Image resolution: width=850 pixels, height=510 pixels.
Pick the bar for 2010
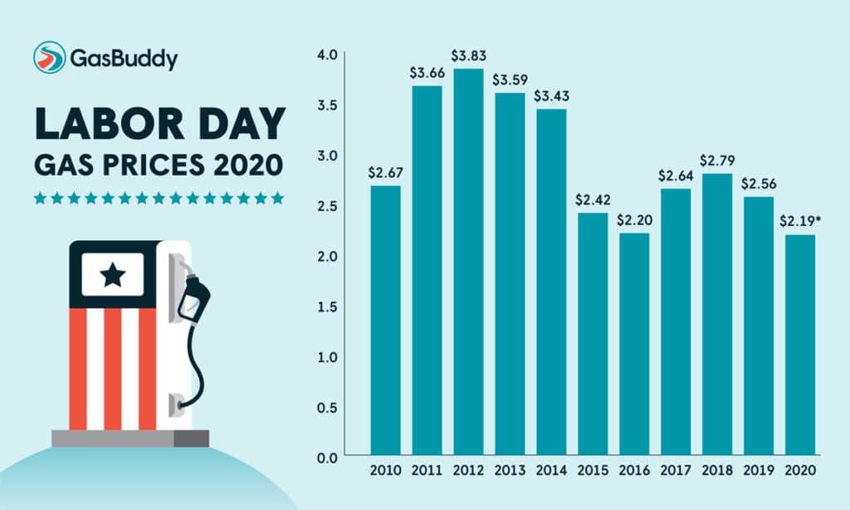[385, 320]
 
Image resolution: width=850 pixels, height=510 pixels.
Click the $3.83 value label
[468, 56]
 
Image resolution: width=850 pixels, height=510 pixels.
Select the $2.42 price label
[593, 200]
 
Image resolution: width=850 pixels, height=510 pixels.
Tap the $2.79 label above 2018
[717, 159]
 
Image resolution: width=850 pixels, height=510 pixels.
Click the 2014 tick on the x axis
[551, 470]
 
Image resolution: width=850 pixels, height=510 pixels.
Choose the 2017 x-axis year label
[676, 470]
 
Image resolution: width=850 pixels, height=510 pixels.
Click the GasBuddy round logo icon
[49, 57]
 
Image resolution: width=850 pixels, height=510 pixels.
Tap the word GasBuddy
[124, 58]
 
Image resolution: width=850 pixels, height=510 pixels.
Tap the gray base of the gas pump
[130, 438]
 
